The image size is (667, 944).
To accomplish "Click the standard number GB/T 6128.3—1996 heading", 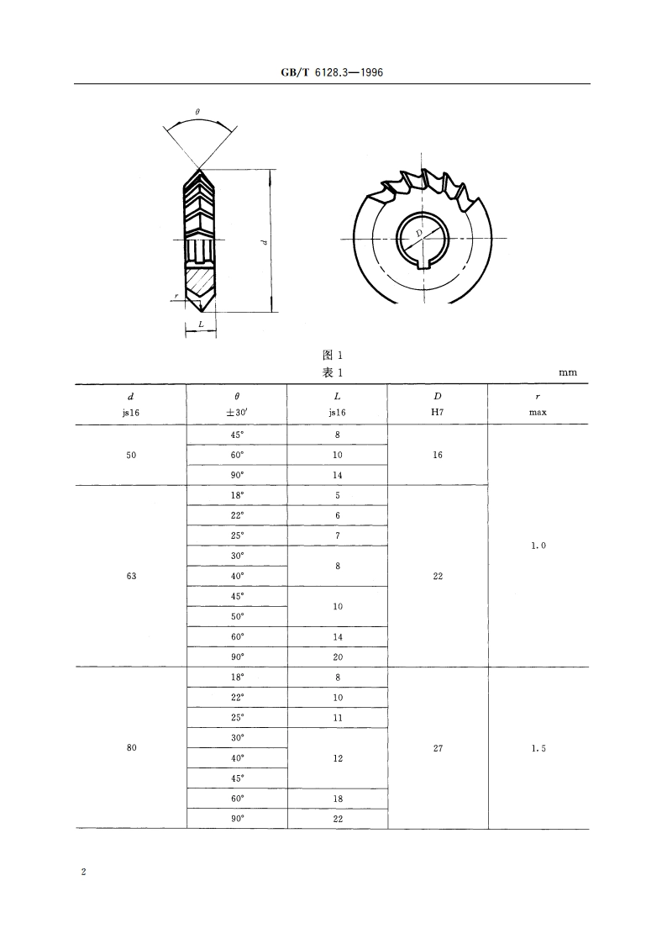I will click(x=333, y=72).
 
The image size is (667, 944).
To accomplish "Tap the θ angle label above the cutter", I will click(x=197, y=112).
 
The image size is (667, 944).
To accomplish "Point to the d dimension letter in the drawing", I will click(x=264, y=242).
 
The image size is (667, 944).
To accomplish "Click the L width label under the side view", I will click(x=201, y=323).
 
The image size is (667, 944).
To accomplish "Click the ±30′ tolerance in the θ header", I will click(x=237, y=413).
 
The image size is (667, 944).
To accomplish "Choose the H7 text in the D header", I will click(x=438, y=413).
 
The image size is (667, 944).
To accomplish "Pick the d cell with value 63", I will click(x=131, y=577).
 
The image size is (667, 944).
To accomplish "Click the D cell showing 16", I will click(x=438, y=455).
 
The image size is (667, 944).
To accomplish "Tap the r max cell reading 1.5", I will click(x=538, y=748).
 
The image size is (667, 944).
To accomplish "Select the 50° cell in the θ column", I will click(x=237, y=617).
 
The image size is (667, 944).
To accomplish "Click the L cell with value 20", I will click(x=338, y=657).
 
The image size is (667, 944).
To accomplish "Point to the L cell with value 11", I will click(x=338, y=718).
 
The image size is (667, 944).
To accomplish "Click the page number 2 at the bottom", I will click(x=83, y=873).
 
